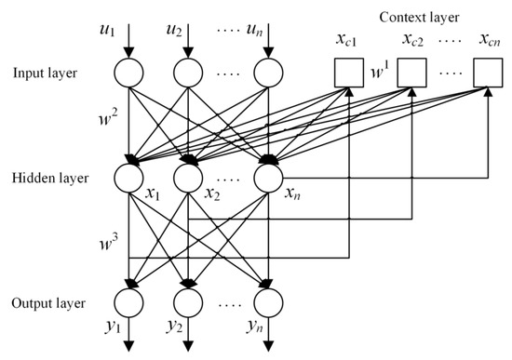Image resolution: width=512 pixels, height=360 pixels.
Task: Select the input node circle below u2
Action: (x=189, y=73)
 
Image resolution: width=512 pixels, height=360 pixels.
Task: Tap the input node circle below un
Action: (x=269, y=73)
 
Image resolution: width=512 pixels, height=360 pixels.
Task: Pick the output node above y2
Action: (x=189, y=303)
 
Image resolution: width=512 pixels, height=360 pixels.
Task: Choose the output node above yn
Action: (x=269, y=303)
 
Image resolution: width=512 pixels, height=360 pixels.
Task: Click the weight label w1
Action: (x=379, y=70)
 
